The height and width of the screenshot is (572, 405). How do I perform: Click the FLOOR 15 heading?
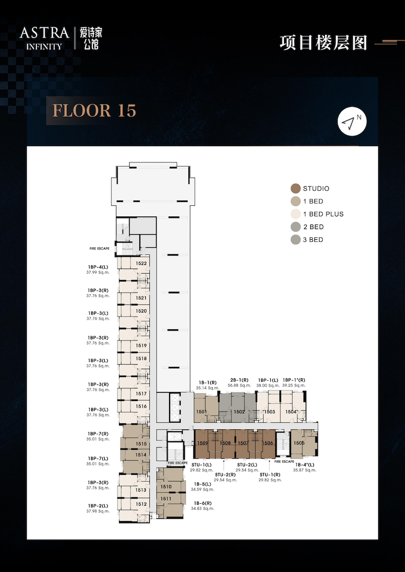pyautogui.click(x=95, y=111)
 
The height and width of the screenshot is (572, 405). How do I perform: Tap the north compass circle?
pyautogui.click(x=352, y=121)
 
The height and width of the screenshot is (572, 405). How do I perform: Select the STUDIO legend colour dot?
pyautogui.click(x=296, y=189)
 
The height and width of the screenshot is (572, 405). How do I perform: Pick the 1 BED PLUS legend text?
pyautogui.click(x=323, y=214)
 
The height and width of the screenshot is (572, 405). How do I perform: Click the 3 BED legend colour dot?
pyautogui.click(x=296, y=240)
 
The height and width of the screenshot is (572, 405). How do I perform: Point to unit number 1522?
pyautogui.click(x=141, y=263)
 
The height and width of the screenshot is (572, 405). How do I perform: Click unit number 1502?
pyautogui.click(x=239, y=412)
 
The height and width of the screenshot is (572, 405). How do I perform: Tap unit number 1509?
pyautogui.click(x=202, y=443)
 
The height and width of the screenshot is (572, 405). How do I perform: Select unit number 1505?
pyautogui.click(x=299, y=443)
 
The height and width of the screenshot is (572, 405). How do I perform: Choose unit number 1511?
pyautogui.click(x=166, y=498)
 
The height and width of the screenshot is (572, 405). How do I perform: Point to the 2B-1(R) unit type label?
pyautogui.click(x=239, y=380)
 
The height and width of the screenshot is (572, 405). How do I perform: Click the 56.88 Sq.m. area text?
pyautogui.click(x=239, y=385)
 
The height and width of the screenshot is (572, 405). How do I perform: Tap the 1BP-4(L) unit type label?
pyautogui.click(x=98, y=267)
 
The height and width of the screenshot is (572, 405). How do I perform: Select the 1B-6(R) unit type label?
pyautogui.click(x=202, y=503)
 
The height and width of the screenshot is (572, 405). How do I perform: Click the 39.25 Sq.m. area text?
pyautogui.click(x=294, y=385)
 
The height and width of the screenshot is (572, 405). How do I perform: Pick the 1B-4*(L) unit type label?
pyautogui.click(x=304, y=465)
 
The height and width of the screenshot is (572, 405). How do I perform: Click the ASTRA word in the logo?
pyautogui.click(x=44, y=33)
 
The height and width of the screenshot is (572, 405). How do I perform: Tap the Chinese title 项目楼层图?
pyautogui.click(x=323, y=42)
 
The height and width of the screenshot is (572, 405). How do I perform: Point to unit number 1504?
pyautogui.click(x=291, y=412)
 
